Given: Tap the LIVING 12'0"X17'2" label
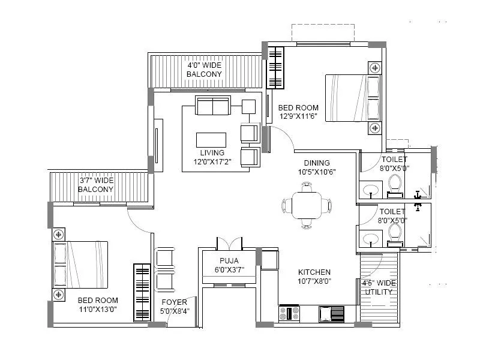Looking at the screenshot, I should pos(212,157).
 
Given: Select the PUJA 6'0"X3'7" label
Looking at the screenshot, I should pos(229,265).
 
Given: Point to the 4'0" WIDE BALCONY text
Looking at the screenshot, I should pos(204,69).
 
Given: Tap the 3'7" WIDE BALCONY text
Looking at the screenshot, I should pos(96,185).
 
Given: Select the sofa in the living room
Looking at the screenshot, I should pos(212,106).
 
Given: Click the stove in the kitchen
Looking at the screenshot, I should pos(289,313).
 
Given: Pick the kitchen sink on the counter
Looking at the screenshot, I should pos(331,313).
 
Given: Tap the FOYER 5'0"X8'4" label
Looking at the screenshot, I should pos(174,306).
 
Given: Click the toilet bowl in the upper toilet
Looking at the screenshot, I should pos(395,184).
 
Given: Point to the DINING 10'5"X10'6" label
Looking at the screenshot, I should pos(316,167).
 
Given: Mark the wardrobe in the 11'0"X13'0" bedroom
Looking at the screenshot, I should pos(142,293).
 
